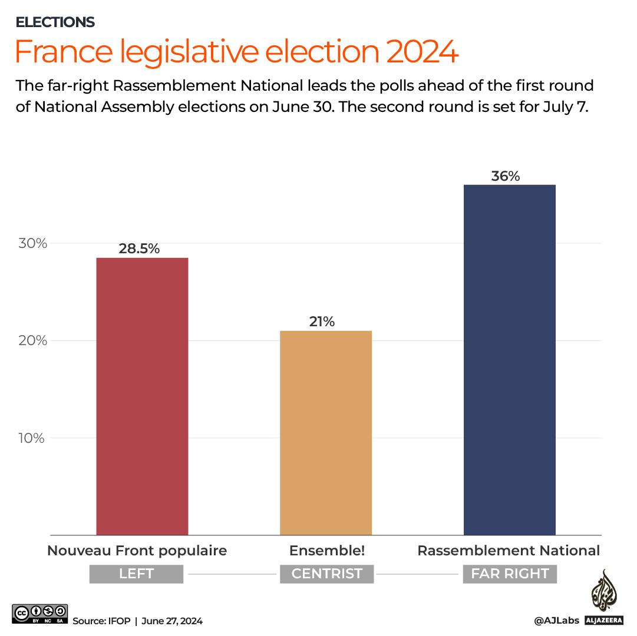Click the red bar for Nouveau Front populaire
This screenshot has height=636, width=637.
142,396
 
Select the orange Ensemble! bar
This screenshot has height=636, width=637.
326,433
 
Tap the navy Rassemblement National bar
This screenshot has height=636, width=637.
510,359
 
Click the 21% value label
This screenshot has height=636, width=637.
322,322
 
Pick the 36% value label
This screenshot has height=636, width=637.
506,175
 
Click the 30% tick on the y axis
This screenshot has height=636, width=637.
32,243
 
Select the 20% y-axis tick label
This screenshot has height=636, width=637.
32,341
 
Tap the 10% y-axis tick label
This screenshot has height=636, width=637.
32,438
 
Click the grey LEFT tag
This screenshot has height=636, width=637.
136,574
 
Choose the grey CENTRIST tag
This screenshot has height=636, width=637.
326,574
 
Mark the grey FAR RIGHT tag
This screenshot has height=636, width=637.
510,574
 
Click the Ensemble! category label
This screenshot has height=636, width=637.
327,551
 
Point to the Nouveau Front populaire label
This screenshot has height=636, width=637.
137,551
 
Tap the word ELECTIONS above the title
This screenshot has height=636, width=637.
55,22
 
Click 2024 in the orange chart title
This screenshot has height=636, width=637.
422,52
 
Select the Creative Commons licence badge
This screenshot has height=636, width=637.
40,614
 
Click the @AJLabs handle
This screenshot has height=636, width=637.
556,621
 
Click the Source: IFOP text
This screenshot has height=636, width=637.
97,621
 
